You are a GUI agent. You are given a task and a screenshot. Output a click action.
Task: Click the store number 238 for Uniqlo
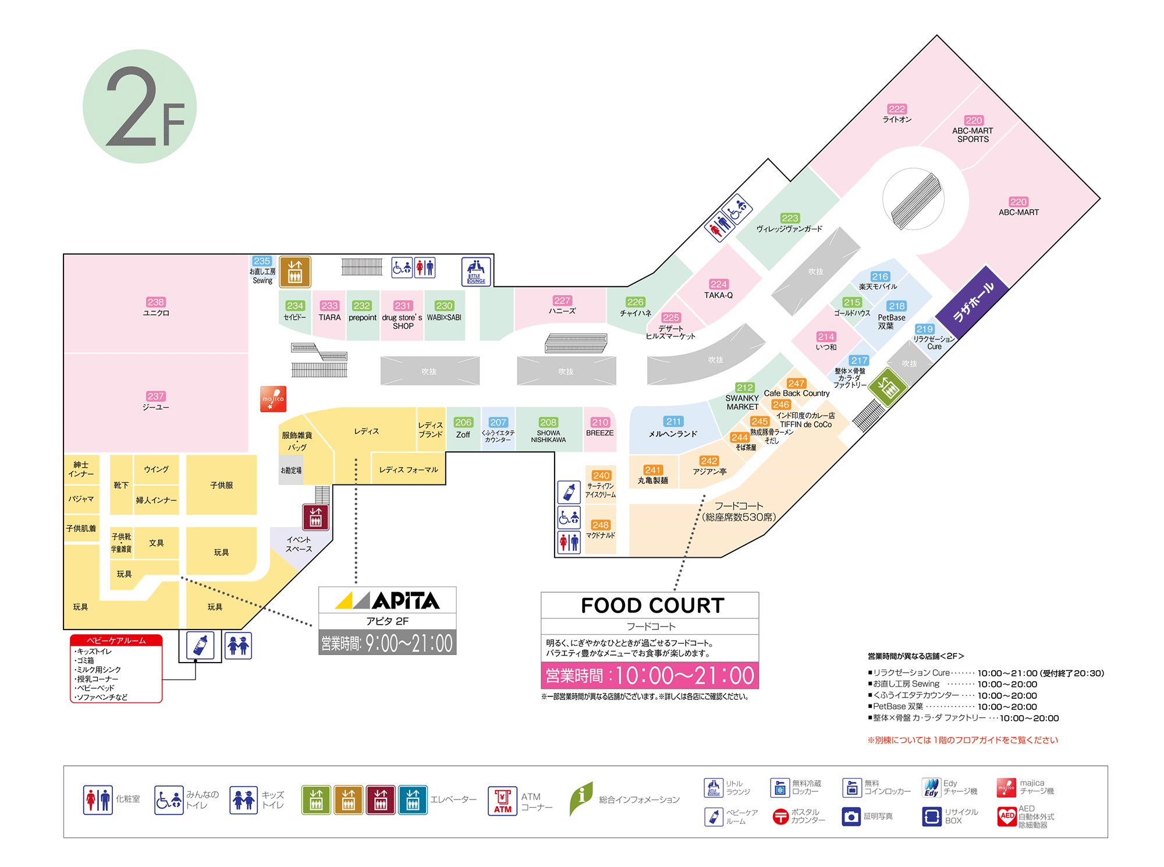(x=155, y=302)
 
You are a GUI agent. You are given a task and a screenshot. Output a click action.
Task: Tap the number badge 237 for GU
(x=155, y=396)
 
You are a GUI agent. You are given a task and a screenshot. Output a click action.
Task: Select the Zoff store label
(x=463, y=434)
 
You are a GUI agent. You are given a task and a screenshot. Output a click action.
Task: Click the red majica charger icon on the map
(x=273, y=399)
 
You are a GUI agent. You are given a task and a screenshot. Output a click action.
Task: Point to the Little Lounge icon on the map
(x=476, y=271)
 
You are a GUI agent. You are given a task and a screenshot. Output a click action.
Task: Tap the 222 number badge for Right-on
(x=896, y=109)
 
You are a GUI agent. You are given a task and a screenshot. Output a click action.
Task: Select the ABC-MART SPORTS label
(x=973, y=135)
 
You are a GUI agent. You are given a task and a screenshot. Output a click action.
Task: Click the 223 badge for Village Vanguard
(x=790, y=218)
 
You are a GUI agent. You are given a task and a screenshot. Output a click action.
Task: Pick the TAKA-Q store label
(x=718, y=295)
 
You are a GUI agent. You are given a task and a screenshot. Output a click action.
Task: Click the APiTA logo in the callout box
(x=388, y=600)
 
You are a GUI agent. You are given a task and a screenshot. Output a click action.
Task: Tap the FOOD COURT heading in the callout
(x=652, y=606)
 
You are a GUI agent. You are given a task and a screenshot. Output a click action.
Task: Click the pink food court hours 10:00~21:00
(x=650, y=675)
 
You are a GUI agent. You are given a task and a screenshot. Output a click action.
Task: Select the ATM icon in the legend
(x=502, y=801)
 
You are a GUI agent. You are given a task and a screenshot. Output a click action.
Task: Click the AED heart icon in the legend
(x=1007, y=816)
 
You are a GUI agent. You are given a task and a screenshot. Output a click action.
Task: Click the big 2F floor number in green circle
(x=140, y=107)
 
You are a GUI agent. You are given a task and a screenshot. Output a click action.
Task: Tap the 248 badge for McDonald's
(x=600, y=525)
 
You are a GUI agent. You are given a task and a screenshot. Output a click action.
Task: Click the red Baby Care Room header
(x=116, y=640)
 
